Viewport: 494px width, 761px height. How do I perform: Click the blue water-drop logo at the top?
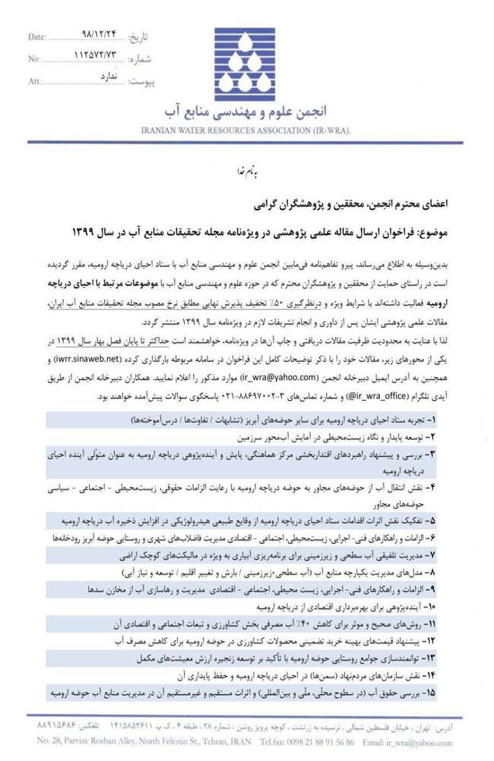tap(245, 68)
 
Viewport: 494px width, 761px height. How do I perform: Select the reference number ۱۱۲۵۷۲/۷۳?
tap(97, 56)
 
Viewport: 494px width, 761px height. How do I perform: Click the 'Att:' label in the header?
tap(35, 81)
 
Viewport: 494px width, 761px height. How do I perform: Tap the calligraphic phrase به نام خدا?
tap(245, 174)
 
